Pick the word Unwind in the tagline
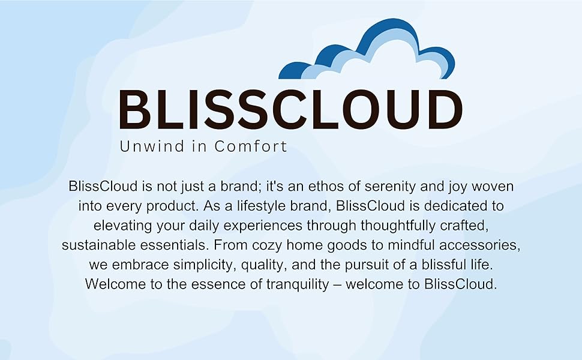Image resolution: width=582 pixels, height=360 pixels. coord(152,146)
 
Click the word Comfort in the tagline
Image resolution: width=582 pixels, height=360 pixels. coord(251,146)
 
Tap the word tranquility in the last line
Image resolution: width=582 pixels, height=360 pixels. coord(298,284)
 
